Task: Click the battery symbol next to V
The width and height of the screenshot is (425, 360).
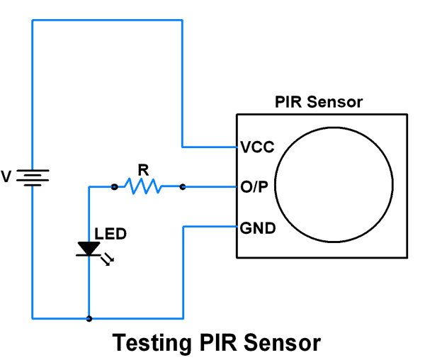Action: click(33, 176)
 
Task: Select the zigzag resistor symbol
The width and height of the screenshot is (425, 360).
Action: click(143, 186)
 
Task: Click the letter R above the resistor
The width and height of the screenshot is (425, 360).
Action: click(143, 169)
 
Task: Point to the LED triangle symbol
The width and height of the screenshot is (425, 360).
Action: click(89, 249)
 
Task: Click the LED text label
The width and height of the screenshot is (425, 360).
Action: click(110, 233)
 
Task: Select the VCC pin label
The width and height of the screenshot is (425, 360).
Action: click(257, 147)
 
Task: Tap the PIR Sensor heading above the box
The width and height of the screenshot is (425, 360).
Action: click(319, 101)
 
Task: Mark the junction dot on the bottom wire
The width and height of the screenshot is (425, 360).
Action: click(89, 319)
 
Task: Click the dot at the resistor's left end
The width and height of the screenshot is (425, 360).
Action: click(114, 187)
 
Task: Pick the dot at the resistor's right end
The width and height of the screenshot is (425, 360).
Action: click(183, 187)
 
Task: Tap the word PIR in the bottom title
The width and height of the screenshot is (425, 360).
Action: click(216, 343)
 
